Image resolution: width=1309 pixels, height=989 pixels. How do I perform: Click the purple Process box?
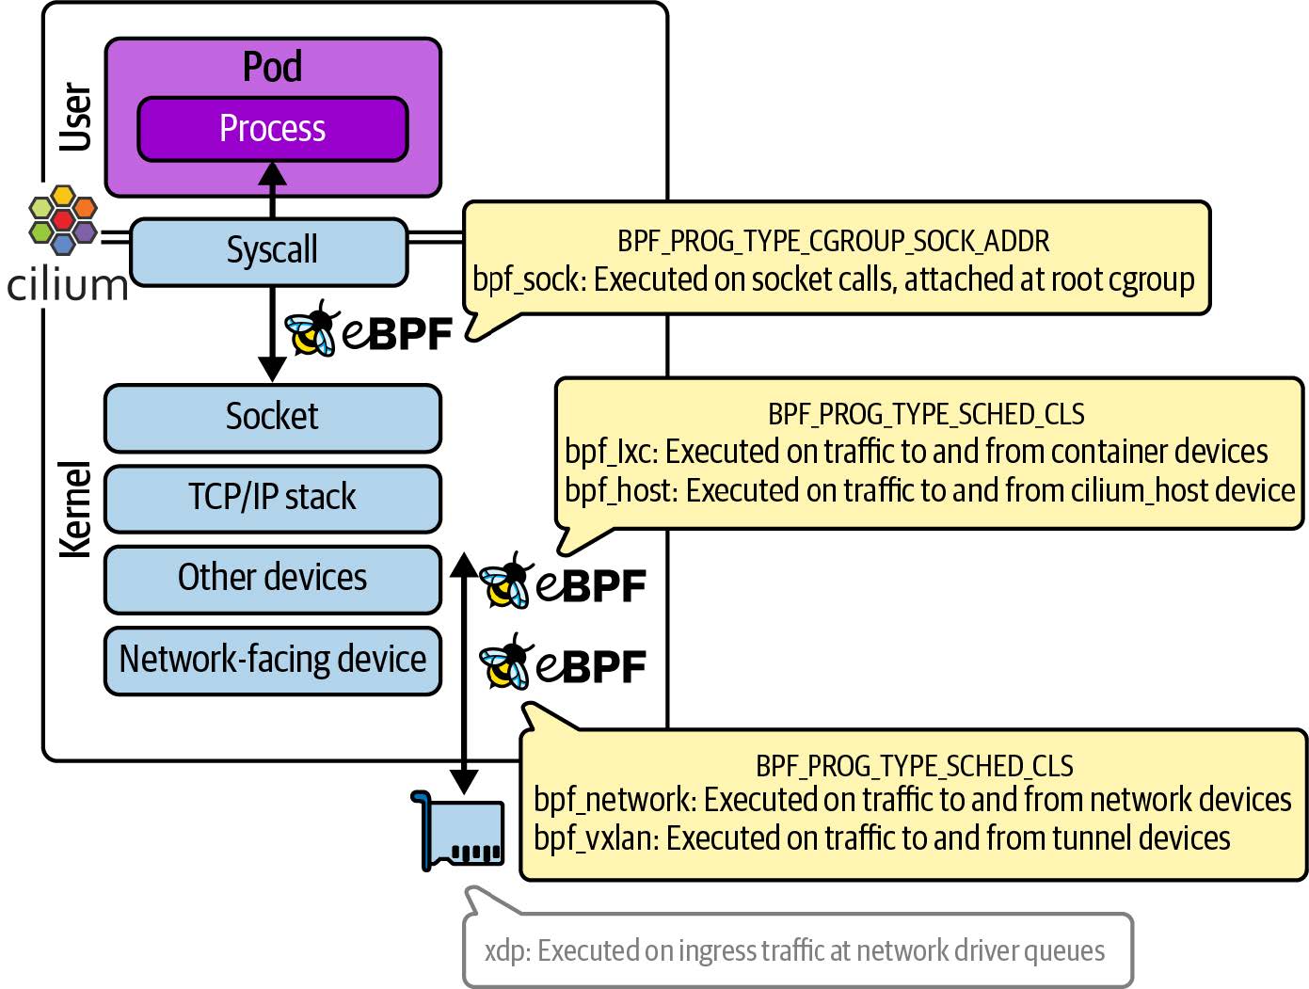(272, 129)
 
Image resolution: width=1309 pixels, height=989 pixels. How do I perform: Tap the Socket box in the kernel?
(272, 417)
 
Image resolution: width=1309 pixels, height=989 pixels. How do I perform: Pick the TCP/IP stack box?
(272, 498)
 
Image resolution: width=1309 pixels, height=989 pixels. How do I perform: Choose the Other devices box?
(272, 579)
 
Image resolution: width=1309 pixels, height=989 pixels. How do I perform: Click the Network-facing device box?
(272, 660)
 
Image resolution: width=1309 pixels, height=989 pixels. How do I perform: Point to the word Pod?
(272, 68)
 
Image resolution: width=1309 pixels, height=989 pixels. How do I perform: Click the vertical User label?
(76, 117)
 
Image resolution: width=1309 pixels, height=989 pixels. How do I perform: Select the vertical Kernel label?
(76, 509)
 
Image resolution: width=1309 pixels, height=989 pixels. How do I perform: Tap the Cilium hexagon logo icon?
(62, 220)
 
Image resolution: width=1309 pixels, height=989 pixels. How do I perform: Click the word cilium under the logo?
(67, 285)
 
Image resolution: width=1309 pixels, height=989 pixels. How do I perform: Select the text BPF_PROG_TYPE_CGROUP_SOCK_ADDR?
(833, 242)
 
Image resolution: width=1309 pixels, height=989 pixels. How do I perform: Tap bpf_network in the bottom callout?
(615, 800)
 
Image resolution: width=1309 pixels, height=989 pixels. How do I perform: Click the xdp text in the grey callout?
(505, 951)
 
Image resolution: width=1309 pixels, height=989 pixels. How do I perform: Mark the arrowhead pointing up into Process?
(272, 173)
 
